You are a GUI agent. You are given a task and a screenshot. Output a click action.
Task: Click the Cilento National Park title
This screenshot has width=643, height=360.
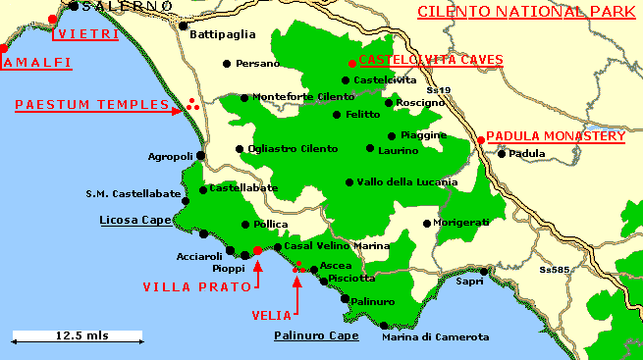(x=520, y=12)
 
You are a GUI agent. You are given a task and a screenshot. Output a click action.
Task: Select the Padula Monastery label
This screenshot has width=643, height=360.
(x=556, y=136)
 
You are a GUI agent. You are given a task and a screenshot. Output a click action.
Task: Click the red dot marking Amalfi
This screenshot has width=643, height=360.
(x=3, y=48)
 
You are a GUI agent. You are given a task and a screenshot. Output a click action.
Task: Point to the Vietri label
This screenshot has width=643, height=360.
(x=87, y=34)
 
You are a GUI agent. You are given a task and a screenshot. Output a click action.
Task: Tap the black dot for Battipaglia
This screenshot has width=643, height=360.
(x=183, y=26)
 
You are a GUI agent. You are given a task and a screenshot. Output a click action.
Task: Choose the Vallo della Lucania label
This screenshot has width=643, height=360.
(x=407, y=182)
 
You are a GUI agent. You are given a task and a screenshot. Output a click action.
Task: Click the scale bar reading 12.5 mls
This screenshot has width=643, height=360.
(x=78, y=335)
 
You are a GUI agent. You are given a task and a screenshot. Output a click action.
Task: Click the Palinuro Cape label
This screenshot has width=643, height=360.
(x=315, y=334)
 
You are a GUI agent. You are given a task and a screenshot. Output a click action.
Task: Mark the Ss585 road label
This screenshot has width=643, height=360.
(x=555, y=269)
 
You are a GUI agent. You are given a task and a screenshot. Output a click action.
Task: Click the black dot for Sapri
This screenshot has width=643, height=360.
(x=483, y=272)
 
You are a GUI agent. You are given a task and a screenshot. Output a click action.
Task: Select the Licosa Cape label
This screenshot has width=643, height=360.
(x=135, y=221)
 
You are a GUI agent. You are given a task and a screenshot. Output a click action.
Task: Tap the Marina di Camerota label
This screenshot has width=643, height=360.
(x=435, y=337)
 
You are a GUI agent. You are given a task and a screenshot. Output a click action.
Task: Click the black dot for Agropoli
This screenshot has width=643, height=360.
(x=200, y=155)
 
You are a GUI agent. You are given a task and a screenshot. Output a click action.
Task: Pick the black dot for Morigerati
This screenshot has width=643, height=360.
(x=426, y=224)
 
